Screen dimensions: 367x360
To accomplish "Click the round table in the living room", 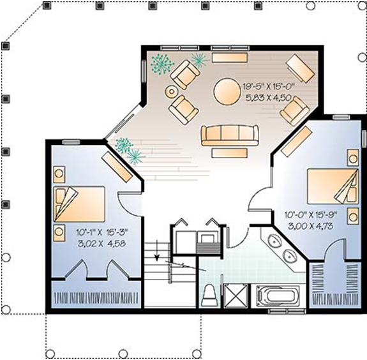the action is [x=227, y=92].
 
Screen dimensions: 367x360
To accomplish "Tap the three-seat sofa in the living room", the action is [x=230, y=135].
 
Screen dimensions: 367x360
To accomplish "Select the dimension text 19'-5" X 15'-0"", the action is [x=268, y=87].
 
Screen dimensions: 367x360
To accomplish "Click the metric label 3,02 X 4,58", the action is [x=102, y=244].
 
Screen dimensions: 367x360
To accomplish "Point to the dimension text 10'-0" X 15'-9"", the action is [x=311, y=215].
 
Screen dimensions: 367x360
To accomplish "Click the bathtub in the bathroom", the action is [x=278, y=296].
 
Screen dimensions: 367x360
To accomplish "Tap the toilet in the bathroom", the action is [x=210, y=296].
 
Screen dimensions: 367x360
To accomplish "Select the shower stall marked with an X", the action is [x=236, y=296].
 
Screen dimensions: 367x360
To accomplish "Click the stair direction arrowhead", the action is [x=157, y=257].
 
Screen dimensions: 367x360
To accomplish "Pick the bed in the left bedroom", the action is [x=79, y=204].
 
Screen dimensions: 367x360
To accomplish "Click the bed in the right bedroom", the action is [x=333, y=186].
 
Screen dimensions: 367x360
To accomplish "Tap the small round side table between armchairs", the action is [x=172, y=91].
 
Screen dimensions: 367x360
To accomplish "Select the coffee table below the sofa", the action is [x=229, y=153].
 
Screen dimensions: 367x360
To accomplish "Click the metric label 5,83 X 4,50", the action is [x=268, y=98].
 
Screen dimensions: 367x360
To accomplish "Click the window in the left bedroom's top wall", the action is [x=71, y=142].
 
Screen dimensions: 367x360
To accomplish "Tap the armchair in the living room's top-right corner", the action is [x=301, y=68].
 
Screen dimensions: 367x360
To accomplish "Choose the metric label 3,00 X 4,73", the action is [x=311, y=227].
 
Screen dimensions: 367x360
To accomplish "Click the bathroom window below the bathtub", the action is [x=287, y=311].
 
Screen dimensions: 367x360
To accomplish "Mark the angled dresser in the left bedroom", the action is [x=117, y=167].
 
